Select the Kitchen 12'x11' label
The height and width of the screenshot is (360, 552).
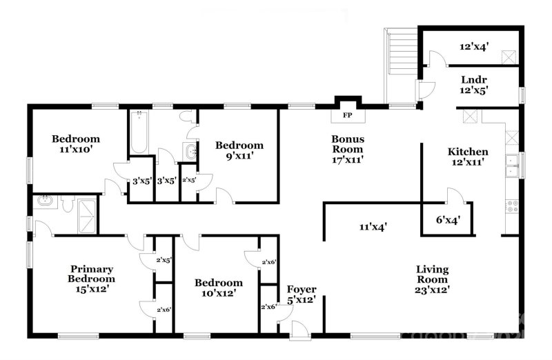[469, 157]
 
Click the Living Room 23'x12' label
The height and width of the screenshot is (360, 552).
[432, 279]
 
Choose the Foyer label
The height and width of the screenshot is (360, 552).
[302, 294]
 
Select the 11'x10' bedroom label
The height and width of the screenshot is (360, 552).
[76, 143]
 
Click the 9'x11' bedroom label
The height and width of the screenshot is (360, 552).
[239, 150]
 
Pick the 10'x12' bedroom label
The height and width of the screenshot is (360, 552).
[218, 288]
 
